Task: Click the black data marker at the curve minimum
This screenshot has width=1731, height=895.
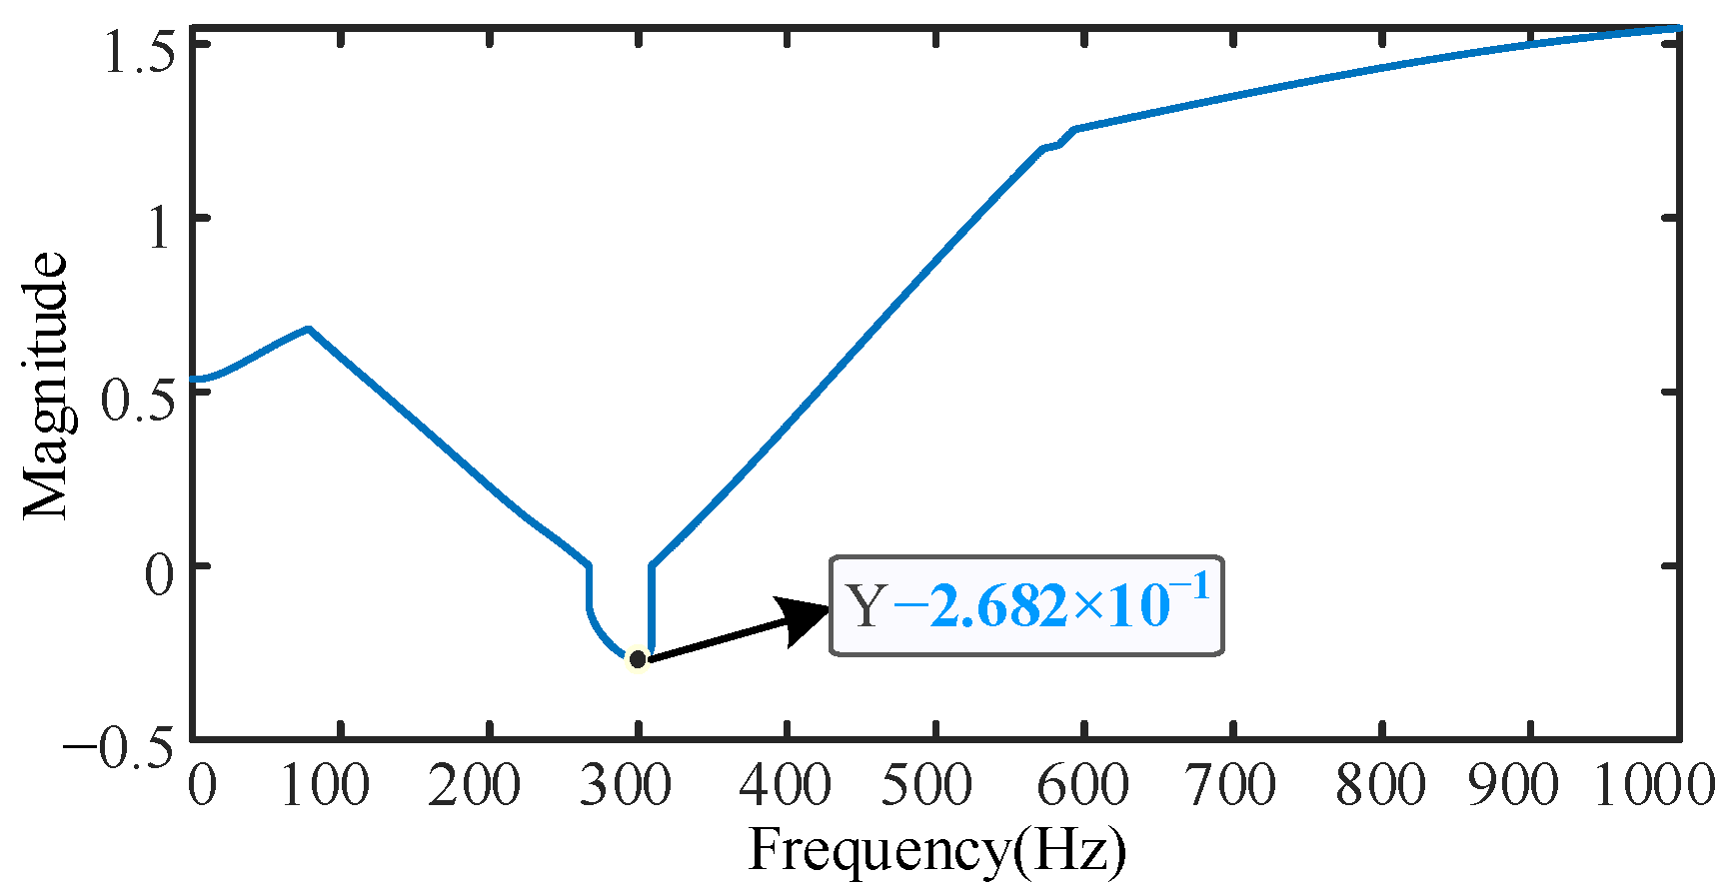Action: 638,659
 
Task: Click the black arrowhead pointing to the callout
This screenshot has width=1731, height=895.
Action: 805,619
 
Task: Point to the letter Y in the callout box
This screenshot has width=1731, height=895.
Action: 865,606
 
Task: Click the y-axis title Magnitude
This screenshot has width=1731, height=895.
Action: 45,386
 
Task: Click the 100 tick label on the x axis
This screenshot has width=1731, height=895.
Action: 325,785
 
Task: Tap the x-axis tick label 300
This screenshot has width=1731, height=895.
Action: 626,785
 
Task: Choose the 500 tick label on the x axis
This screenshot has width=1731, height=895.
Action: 925,785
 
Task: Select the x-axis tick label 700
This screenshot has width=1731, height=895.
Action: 1230,785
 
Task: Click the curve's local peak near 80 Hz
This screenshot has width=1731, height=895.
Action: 309,328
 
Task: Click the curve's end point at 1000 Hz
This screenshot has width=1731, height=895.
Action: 1678,28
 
